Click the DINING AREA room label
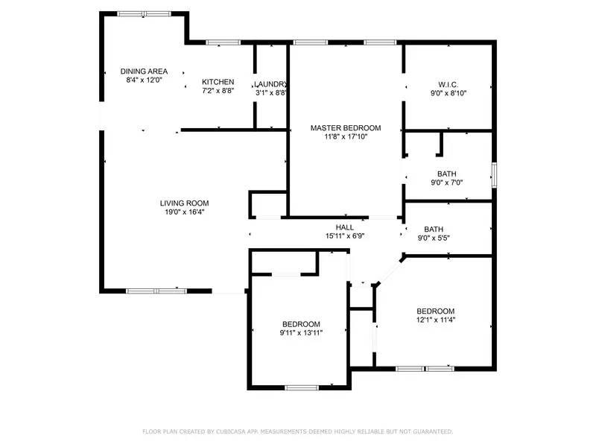(x=144, y=72)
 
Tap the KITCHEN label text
(x=218, y=82)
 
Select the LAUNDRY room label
(x=270, y=84)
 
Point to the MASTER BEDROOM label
(x=346, y=128)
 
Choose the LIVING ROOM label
(x=184, y=203)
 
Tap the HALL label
(x=344, y=227)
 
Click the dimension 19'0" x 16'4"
(x=184, y=212)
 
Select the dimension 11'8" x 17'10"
(x=346, y=137)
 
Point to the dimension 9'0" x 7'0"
(x=447, y=183)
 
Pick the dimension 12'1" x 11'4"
(x=435, y=320)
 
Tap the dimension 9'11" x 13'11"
(x=301, y=333)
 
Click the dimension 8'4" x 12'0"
(x=144, y=80)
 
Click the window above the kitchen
(x=218, y=42)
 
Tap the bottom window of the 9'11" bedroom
(x=302, y=387)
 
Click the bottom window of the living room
(x=156, y=291)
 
